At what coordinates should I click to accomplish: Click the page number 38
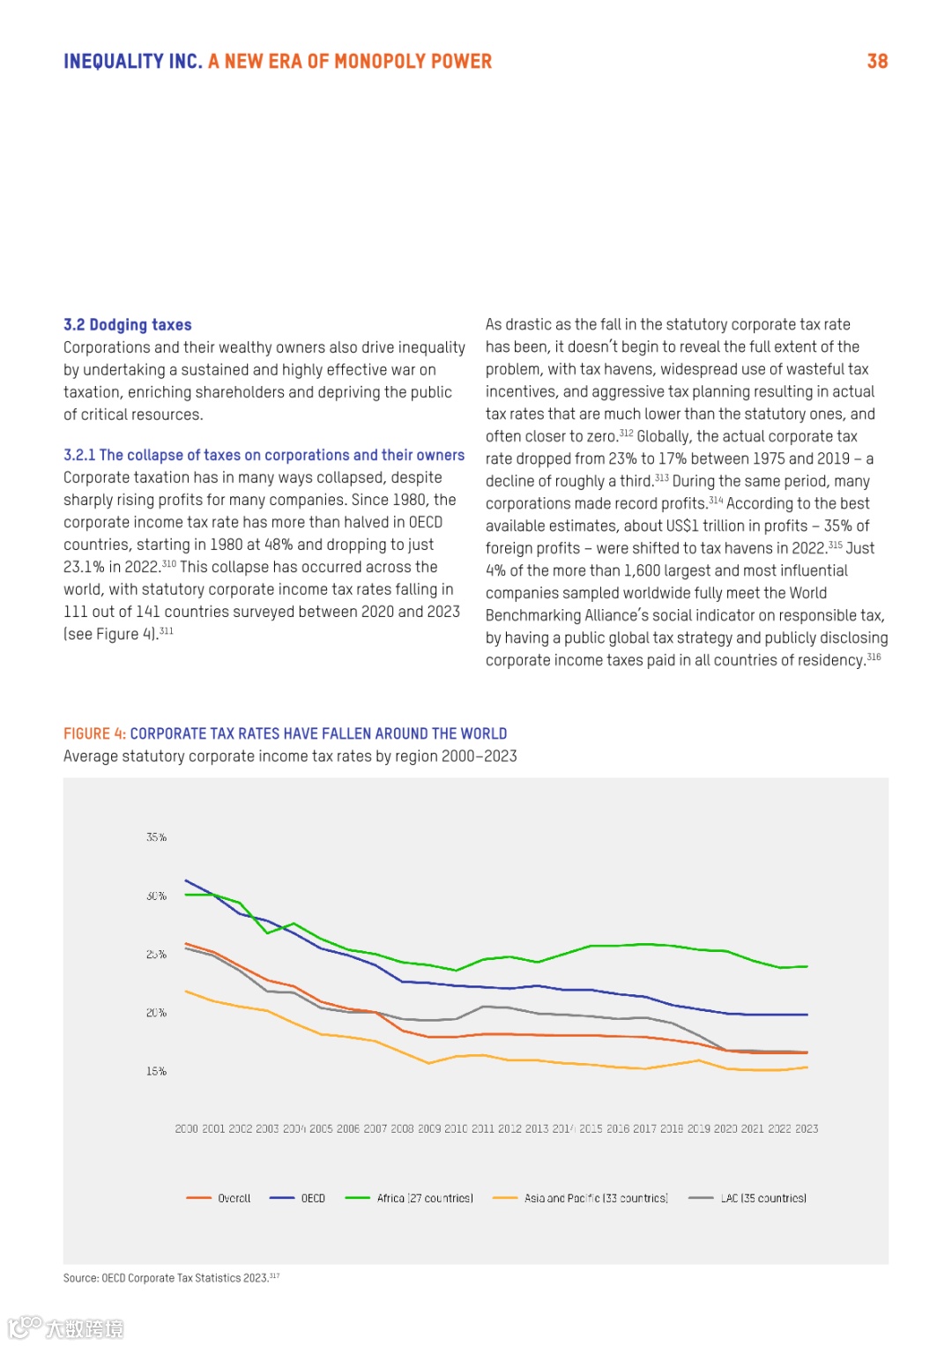click(x=877, y=62)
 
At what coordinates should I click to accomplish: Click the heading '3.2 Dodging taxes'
click(x=128, y=325)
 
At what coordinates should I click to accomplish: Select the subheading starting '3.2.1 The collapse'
click(x=264, y=455)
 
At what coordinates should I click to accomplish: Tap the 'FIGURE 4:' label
click(x=94, y=733)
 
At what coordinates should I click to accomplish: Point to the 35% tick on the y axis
click(x=156, y=837)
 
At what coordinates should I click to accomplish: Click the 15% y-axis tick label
click(x=156, y=1071)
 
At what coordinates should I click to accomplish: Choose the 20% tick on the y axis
click(x=156, y=1013)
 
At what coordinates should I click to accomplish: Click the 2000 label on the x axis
click(x=186, y=1128)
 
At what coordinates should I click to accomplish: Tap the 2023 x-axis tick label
click(x=807, y=1128)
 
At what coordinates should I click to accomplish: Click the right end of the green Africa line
click(x=807, y=966)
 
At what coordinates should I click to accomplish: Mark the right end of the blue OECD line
click(x=807, y=1015)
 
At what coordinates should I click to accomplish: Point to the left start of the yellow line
click(x=186, y=992)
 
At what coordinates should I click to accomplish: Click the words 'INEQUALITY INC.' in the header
click(x=133, y=62)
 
